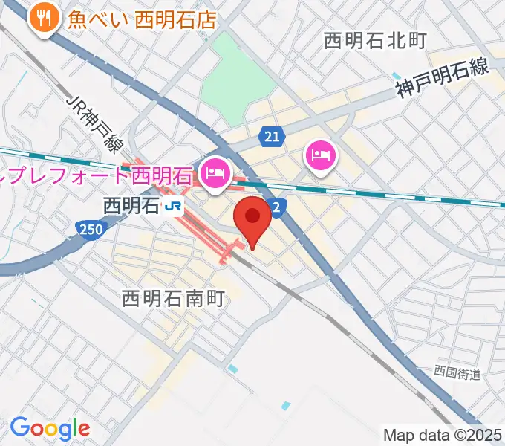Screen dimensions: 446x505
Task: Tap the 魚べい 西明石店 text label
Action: (x=141, y=19)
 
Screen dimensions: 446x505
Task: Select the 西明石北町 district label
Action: (x=375, y=41)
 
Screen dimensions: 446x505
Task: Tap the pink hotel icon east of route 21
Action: (x=320, y=155)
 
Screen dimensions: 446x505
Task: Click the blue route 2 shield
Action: (x=276, y=208)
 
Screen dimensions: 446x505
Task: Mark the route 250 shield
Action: (x=88, y=230)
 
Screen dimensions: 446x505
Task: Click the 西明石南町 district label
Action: (x=172, y=299)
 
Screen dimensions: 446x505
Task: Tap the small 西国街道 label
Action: (x=458, y=371)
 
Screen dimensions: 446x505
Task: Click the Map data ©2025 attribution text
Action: (x=443, y=435)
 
